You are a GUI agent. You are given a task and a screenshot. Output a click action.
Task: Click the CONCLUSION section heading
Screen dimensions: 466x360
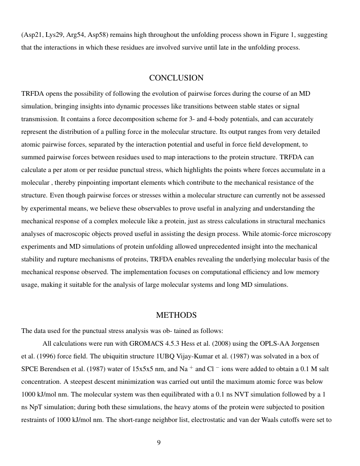(176, 78)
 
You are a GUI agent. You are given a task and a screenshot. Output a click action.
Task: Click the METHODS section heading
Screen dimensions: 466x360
(176, 315)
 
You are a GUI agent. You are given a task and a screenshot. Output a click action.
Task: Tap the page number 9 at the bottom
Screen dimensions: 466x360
(159, 443)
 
